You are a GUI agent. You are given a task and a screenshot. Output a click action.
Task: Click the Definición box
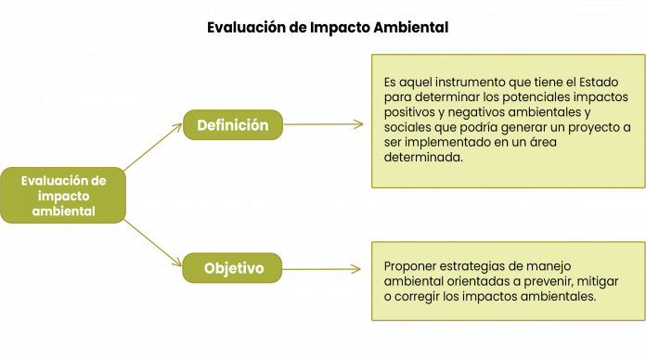point(233,124)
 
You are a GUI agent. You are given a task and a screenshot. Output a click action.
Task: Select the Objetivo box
point(233,268)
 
